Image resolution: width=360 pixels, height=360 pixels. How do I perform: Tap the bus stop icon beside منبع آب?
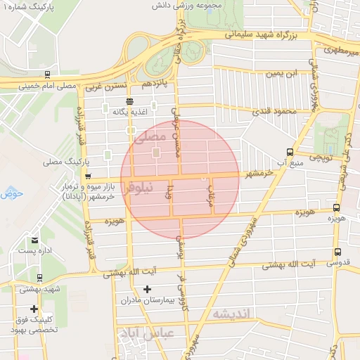pos(290,152)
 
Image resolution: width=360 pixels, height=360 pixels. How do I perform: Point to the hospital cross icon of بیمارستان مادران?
pos(147,288)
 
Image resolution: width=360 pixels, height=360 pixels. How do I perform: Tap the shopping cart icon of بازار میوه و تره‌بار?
pos(88,176)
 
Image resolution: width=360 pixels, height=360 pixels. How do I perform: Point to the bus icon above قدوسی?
pos(338,252)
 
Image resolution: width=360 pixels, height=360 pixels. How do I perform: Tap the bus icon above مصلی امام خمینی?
pos(47,73)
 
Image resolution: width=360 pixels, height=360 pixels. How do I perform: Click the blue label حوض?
pos(12,193)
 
